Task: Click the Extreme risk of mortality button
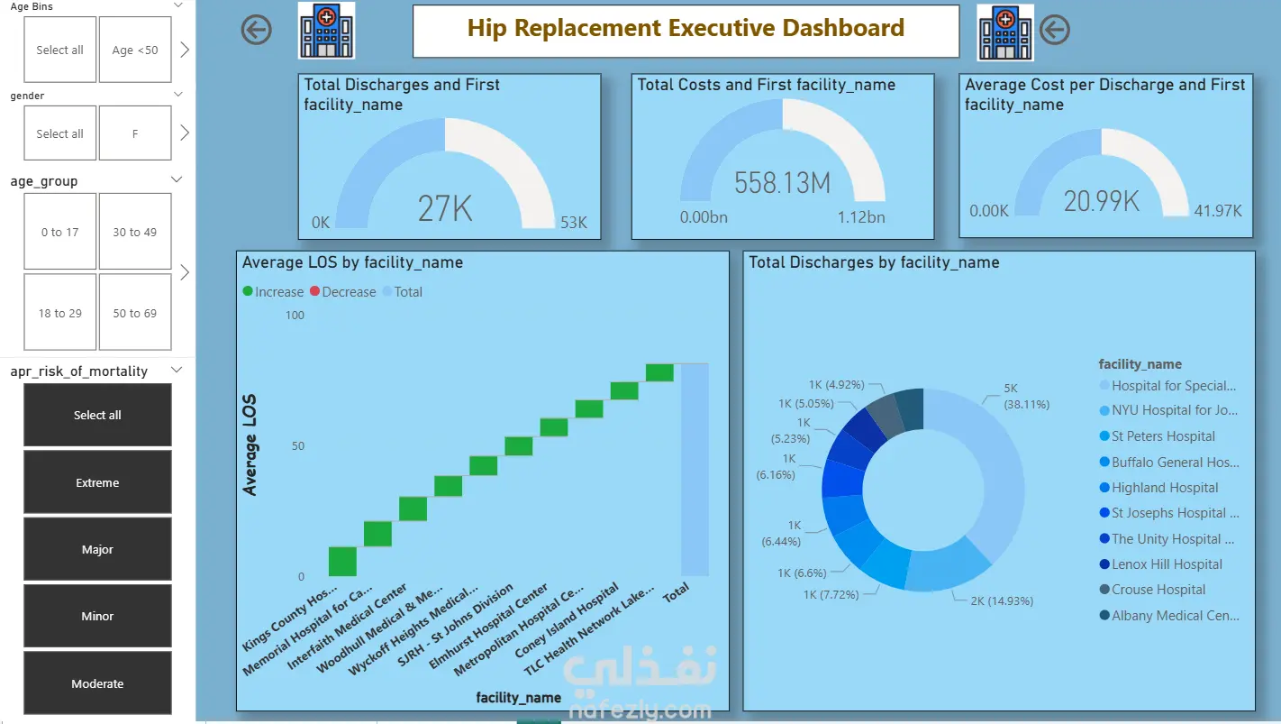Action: click(97, 481)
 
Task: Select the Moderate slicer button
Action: click(97, 683)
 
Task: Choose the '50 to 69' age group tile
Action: click(135, 313)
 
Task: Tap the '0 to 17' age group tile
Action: click(60, 231)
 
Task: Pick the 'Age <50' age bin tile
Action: click(135, 50)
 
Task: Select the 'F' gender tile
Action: click(135, 133)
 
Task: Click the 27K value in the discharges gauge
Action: click(445, 208)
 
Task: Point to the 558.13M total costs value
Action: click(782, 183)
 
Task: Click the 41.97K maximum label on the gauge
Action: click(1218, 211)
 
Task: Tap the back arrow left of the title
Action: click(256, 30)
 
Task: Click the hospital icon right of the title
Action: click(1005, 32)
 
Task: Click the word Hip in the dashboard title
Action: click(487, 28)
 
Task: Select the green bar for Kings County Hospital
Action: click(342, 562)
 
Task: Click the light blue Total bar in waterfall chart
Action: click(695, 470)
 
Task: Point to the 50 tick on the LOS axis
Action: click(298, 445)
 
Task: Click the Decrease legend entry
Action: click(343, 292)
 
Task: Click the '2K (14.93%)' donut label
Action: click(1002, 601)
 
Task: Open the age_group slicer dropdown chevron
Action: click(177, 179)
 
